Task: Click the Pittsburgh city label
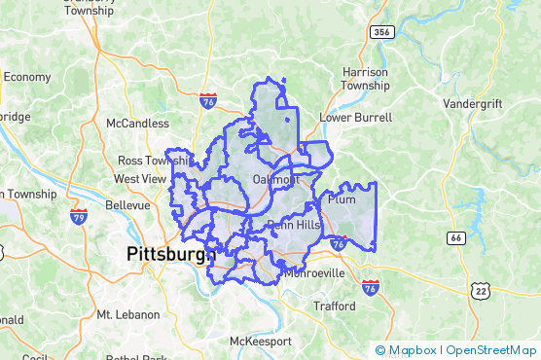170,255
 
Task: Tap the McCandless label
137,124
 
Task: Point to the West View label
140,179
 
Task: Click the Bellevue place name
127,205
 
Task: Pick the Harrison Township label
365,79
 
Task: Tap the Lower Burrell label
356,118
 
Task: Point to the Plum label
343,199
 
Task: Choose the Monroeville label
313,273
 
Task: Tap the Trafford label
334,306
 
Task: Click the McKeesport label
260,342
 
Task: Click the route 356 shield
381,32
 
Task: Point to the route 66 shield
456,237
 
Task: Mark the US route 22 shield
479,290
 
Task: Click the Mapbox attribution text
411,350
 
